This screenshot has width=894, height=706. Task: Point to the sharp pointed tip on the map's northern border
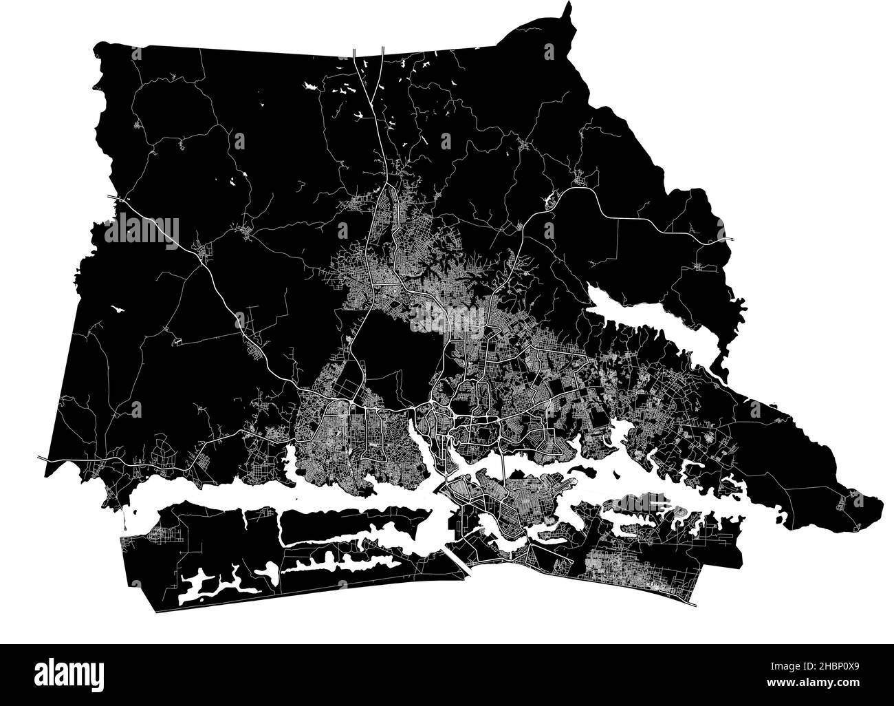pos(568,7)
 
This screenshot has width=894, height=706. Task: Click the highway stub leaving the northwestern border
pos(113,198)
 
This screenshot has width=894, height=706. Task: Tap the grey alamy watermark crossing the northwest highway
pos(141,229)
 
